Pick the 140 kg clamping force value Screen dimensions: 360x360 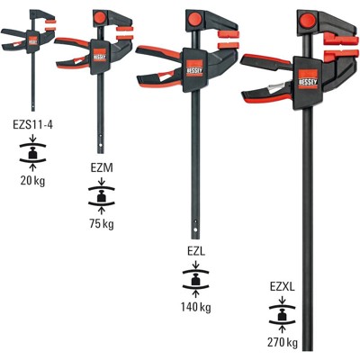[196, 307]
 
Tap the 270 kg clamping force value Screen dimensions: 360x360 [283, 343]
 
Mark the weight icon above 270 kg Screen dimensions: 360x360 [283, 315]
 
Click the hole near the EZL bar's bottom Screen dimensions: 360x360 [197, 222]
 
